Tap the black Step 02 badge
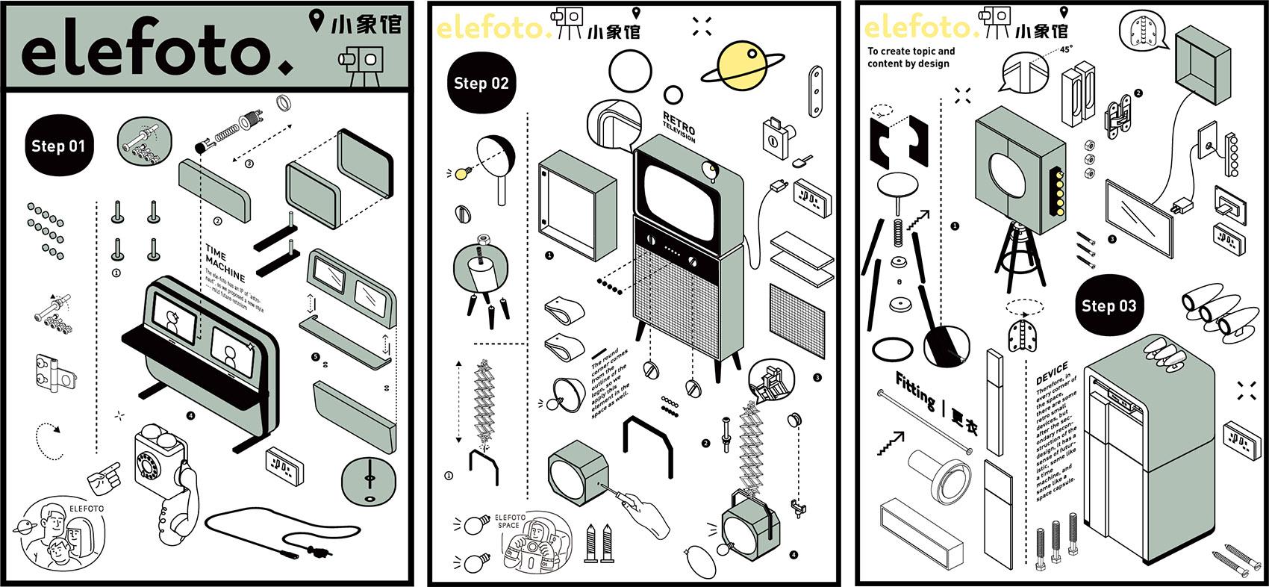(481, 84)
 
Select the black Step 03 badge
(1109, 305)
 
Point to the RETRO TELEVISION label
(679, 128)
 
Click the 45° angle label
(1065, 50)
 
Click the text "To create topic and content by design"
(911, 58)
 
